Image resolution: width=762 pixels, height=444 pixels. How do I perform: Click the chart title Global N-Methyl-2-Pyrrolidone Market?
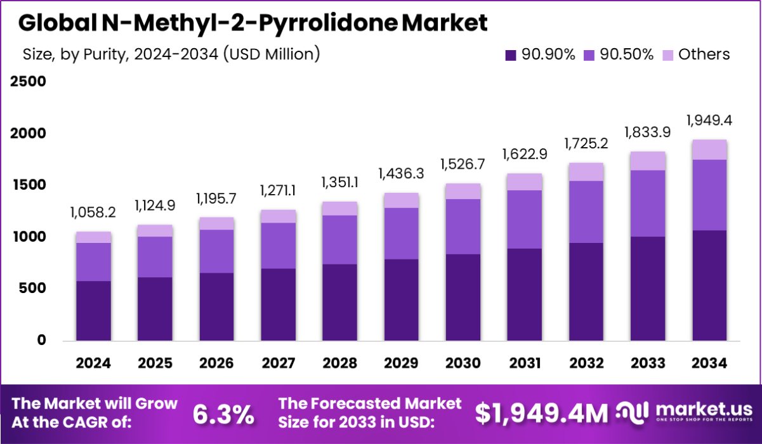253,23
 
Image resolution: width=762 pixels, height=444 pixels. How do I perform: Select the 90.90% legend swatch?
511,55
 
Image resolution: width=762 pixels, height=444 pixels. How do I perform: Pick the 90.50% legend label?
626,55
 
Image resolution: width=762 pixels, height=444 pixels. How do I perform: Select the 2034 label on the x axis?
709,363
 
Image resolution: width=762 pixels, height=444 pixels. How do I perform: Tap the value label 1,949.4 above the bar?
709,121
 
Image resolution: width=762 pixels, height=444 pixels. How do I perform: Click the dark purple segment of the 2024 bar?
93,311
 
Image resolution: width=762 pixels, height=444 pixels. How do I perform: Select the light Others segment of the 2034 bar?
709,150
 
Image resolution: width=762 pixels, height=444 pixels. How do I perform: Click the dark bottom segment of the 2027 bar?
279,304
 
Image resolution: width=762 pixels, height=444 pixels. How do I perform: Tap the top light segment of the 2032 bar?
586,172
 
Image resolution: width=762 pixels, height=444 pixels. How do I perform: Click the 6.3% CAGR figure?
223,415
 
